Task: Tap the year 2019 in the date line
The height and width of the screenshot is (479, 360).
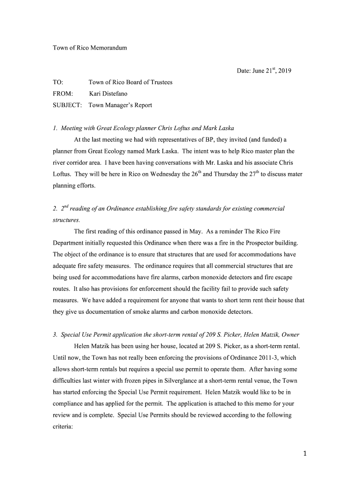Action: click(x=284, y=71)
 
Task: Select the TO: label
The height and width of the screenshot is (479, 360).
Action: click(x=58, y=82)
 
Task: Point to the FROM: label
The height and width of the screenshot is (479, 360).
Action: click(x=63, y=94)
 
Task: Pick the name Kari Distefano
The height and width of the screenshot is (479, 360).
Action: click(x=108, y=94)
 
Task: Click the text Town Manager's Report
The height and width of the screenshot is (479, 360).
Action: click(x=120, y=105)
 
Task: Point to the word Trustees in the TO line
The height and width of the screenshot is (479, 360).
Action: click(x=160, y=82)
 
